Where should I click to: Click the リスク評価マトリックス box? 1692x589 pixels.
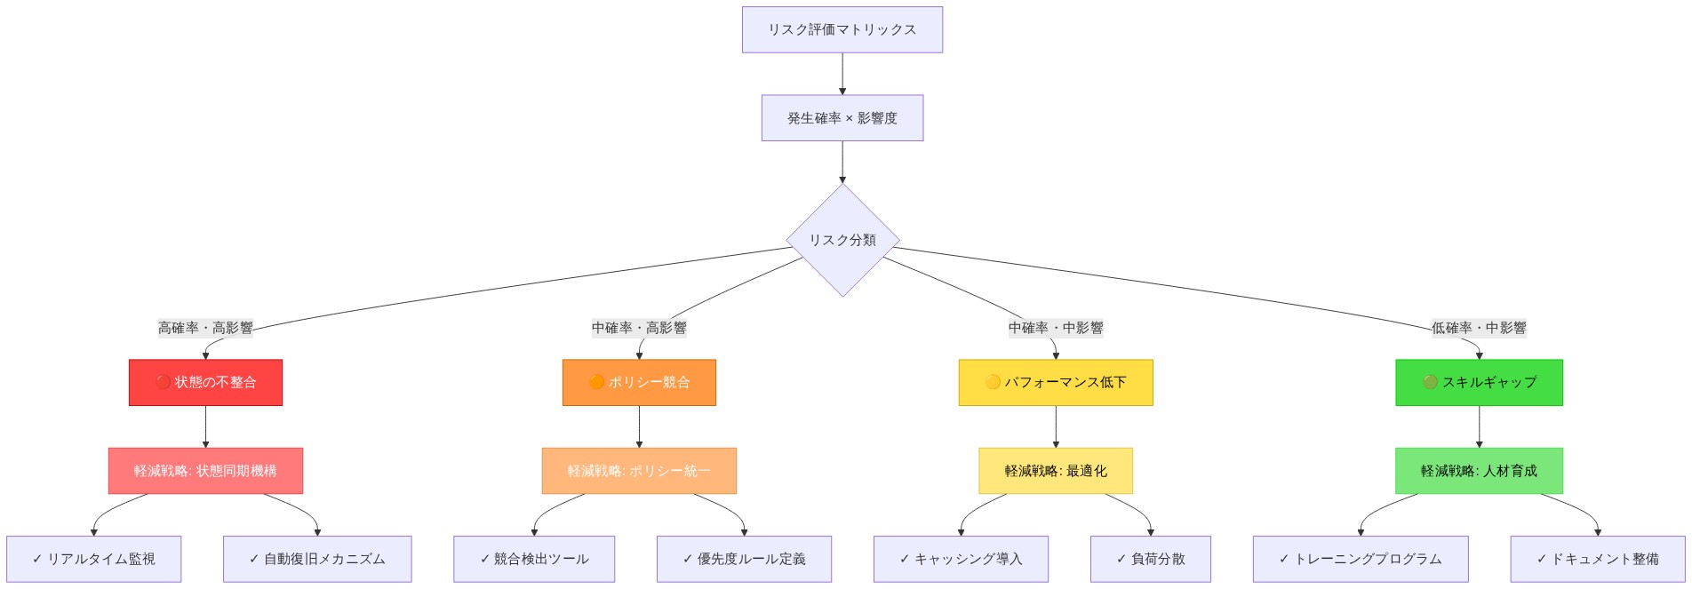tap(842, 29)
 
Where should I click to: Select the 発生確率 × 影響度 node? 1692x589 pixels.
tap(842, 118)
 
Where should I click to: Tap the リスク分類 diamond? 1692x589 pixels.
tap(842, 240)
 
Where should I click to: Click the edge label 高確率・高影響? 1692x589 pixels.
tap(205, 328)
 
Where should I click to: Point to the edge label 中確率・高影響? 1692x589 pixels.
tap(639, 328)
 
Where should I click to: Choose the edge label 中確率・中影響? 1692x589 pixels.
tap(1056, 328)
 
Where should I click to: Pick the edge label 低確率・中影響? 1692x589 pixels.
tap(1479, 328)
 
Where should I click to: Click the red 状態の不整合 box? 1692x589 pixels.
tap(205, 382)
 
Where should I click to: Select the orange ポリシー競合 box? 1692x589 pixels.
tap(639, 382)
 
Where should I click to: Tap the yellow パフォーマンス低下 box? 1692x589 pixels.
tap(1056, 382)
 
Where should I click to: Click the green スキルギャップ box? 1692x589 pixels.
tap(1479, 382)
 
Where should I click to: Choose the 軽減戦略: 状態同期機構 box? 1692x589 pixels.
tap(205, 471)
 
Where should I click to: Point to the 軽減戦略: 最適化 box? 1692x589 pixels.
tap(1056, 471)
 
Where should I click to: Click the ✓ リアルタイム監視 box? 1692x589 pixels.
tap(93, 559)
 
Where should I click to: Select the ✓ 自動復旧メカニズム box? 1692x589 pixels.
tap(317, 559)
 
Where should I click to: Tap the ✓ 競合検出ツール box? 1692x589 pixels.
tap(534, 559)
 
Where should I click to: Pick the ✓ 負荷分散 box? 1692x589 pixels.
tap(1150, 559)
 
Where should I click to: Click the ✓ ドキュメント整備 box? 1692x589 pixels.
tap(1598, 559)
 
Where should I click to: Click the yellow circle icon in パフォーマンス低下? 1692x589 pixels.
tap(993, 382)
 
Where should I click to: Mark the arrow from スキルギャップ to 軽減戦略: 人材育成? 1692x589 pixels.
tap(1479, 427)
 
